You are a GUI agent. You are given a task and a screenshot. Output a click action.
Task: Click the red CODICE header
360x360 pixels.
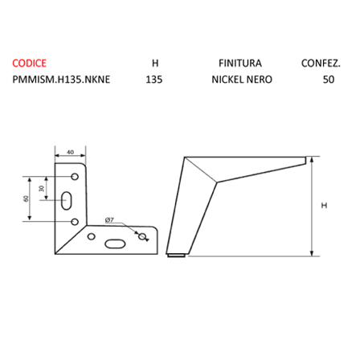coord(29,63)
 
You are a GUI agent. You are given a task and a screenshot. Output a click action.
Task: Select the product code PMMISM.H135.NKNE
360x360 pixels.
coord(61,80)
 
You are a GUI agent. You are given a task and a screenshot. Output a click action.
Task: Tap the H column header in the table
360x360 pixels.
coord(155,63)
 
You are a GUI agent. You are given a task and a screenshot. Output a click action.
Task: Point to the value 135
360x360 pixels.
coord(154,80)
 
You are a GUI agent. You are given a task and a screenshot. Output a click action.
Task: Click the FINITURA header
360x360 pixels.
coord(240,63)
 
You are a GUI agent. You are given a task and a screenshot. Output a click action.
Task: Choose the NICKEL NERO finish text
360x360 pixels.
coord(242,80)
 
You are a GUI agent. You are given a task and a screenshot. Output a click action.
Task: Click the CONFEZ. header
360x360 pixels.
coord(321,63)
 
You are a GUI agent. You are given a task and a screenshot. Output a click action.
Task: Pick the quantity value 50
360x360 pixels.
coord(329,80)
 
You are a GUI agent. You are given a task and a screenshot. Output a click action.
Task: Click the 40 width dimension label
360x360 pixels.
coord(70,152)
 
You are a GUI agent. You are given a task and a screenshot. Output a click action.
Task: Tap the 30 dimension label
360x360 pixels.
coord(41,189)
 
